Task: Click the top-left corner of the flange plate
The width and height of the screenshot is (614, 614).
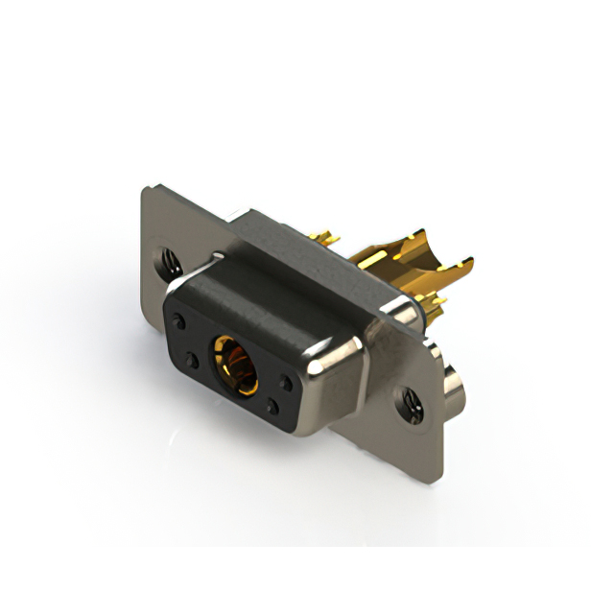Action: coord(146,191)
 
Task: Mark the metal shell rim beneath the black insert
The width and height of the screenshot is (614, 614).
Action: coord(259,428)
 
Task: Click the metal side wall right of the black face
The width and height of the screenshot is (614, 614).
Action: coord(331,384)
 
